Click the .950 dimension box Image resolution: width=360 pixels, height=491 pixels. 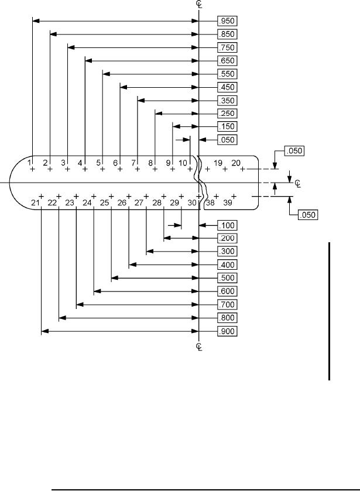227,20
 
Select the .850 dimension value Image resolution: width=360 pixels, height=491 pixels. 227,34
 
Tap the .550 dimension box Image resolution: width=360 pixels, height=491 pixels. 227,74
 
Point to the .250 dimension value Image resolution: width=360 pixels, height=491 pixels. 227,113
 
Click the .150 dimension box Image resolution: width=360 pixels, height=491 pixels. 227,126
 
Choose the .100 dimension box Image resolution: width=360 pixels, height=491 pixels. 227,225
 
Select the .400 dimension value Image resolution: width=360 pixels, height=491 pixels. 227,265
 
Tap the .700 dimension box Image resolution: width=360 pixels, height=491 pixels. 227,304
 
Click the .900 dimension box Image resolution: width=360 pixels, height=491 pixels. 227,332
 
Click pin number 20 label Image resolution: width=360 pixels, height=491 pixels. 236,162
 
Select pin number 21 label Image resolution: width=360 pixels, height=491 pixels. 36,202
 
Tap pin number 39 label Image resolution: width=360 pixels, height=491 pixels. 228,202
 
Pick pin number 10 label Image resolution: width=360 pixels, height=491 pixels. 183,162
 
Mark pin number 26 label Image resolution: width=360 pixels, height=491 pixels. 122,202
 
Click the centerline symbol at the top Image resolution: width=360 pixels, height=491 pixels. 200,4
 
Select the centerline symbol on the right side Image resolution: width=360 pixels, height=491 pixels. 297,184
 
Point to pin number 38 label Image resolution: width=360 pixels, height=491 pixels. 210,202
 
